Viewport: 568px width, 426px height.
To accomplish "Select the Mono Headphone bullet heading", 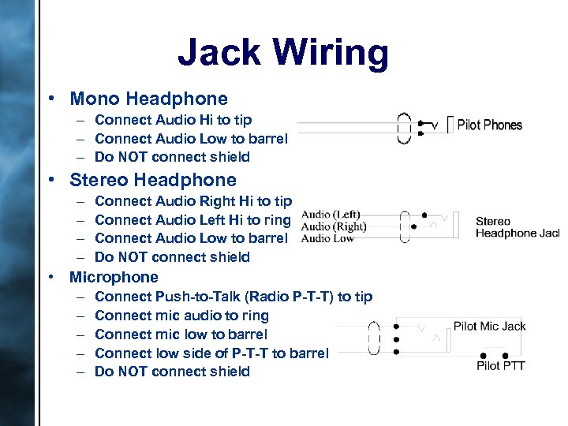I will [x=148, y=99].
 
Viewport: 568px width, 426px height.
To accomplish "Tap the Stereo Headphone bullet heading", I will [x=153, y=180].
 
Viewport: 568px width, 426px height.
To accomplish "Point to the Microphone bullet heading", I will [x=114, y=277].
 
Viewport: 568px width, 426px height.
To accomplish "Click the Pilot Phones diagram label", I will [x=489, y=125].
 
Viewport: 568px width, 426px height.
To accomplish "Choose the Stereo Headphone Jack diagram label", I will [x=517, y=226].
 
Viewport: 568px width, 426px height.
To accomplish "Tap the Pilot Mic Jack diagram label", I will [x=489, y=326].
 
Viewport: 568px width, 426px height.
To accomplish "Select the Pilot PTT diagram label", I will [x=500, y=365].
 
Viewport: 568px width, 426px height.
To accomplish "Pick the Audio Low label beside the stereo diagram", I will [x=327, y=238].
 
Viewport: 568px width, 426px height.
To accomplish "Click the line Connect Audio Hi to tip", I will [x=174, y=120].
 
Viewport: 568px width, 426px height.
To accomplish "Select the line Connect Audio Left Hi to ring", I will [x=192, y=220].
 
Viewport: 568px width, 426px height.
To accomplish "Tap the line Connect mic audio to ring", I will [x=181, y=316].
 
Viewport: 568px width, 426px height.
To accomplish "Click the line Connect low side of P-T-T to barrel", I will [x=211, y=353].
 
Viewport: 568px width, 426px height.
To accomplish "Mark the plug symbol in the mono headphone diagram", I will [x=405, y=129].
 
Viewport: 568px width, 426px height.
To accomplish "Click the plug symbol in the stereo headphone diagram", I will [x=405, y=225].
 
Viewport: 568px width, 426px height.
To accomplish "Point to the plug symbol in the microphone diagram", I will [x=375, y=340].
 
